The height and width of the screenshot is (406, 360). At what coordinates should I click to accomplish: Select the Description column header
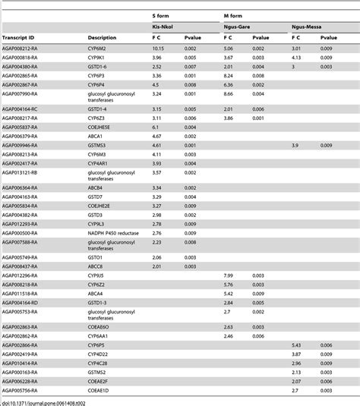point(103,36)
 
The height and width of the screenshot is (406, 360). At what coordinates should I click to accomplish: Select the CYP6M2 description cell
point(99,47)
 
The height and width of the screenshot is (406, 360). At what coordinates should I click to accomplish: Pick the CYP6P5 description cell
point(98,344)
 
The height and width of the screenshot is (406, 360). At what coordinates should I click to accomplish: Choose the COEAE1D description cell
point(100,390)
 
